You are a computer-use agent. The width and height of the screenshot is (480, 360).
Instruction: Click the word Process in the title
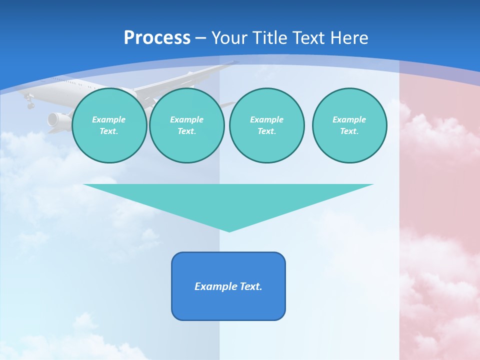click(157, 37)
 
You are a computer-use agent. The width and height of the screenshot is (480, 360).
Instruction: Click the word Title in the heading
click(269, 37)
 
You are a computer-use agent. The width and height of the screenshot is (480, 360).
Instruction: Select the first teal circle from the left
click(109, 125)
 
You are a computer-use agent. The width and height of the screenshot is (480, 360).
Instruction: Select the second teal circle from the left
click(186, 125)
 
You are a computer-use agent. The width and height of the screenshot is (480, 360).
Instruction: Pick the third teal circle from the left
click(266, 125)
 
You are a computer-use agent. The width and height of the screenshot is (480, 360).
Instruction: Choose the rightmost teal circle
click(349, 125)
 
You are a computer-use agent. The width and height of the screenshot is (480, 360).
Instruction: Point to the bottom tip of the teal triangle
click(229, 231)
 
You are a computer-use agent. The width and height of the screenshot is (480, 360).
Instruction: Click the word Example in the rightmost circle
click(349, 119)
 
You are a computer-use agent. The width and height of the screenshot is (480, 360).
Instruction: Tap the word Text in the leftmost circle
click(108, 131)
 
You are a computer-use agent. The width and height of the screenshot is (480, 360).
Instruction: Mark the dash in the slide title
click(200, 38)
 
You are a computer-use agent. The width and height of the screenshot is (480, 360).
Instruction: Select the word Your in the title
click(228, 37)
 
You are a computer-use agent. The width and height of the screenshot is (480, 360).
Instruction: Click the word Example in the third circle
click(266, 119)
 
